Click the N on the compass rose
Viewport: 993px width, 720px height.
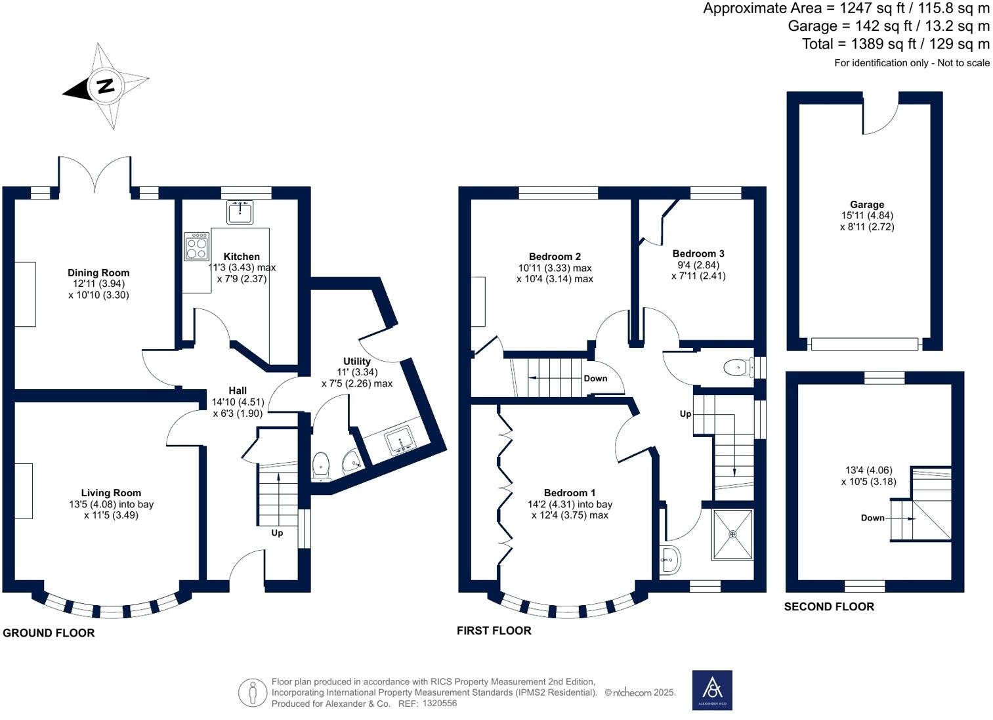coord(105,86)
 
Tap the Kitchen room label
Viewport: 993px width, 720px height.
coord(242,257)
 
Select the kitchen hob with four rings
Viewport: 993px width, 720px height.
coord(197,246)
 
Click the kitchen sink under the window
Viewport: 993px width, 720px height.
coord(240,212)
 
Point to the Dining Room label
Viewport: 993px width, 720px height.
coord(98,272)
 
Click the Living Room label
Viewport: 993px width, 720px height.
coord(111,493)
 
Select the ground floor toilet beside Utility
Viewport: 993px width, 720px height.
coord(321,464)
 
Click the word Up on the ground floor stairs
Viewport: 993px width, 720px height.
coord(277,533)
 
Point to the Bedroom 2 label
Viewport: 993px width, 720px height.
coord(555,257)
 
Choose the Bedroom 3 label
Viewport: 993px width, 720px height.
coord(698,253)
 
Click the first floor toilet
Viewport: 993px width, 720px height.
coord(738,368)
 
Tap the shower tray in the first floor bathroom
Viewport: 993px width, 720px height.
coord(732,534)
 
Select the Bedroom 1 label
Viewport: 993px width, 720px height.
coord(570,493)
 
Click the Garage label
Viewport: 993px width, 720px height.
coord(867,205)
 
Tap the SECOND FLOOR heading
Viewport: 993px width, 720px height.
coord(829,606)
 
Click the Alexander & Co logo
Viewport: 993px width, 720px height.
coord(712,690)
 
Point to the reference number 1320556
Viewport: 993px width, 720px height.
coord(440,704)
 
